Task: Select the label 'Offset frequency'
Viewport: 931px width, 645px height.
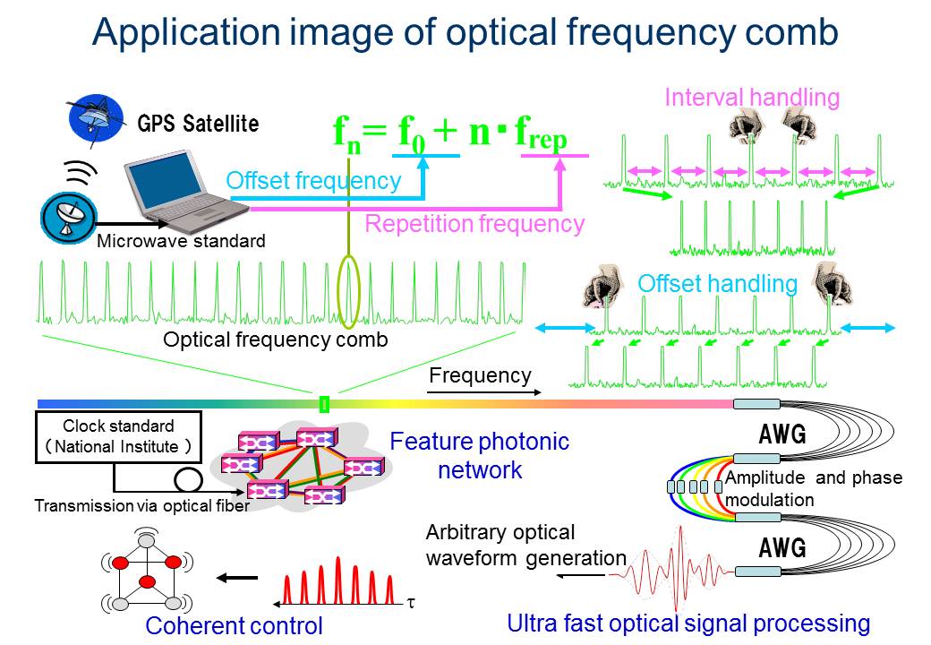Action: click(x=313, y=181)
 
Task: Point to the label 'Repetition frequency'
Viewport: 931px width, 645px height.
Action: click(x=474, y=224)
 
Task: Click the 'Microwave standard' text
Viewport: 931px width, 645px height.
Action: click(x=181, y=241)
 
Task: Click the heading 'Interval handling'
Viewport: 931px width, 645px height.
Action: click(x=752, y=98)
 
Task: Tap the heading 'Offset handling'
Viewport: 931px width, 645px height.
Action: click(x=717, y=284)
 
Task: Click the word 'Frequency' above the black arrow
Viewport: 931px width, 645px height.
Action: click(x=480, y=375)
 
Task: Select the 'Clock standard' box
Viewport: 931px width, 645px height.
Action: click(x=118, y=437)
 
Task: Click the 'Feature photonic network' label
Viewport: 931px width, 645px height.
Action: click(x=480, y=455)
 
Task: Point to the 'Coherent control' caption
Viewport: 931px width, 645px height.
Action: click(x=234, y=625)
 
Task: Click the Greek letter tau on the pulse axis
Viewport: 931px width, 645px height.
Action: click(x=411, y=602)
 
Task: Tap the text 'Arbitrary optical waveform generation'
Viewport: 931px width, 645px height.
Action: click(x=525, y=545)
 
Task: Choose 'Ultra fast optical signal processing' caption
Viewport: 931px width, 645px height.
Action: click(x=688, y=623)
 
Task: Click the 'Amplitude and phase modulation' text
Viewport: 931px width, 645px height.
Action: click(x=813, y=488)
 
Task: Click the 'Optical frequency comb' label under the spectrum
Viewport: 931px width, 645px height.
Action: click(x=275, y=340)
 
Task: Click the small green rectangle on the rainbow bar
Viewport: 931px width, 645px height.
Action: click(x=324, y=404)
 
